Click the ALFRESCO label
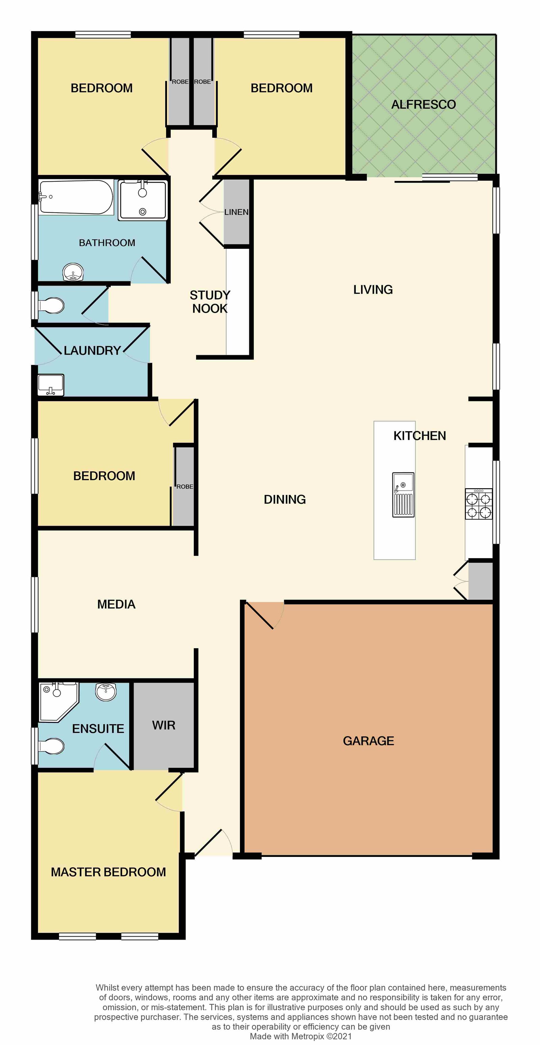click(423, 105)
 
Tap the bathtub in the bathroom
click(76, 197)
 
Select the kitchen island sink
click(403, 495)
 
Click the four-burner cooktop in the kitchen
click(479, 504)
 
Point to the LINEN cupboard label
click(236, 212)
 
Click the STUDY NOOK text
click(210, 302)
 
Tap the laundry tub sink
click(51, 385)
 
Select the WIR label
click(164, 725)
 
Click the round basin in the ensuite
click(106, 691)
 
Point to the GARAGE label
click(369, 741)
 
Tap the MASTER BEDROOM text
click(108, 872)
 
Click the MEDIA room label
click(116, 604)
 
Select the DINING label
click(285, 499)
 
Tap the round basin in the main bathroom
click(73, 272)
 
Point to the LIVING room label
click(373, 289)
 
